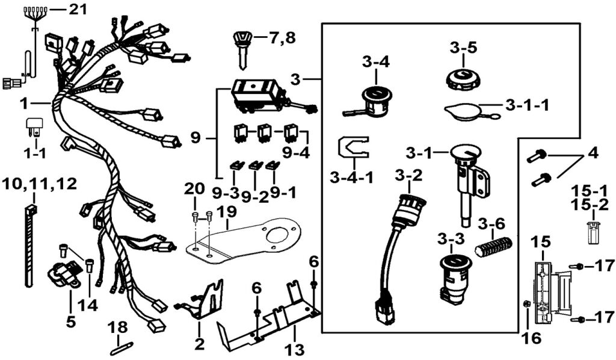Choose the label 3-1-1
click(x=527, y=106)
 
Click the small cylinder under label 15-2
click(x=594, y=232)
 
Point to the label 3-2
click(x=408, y=176)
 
